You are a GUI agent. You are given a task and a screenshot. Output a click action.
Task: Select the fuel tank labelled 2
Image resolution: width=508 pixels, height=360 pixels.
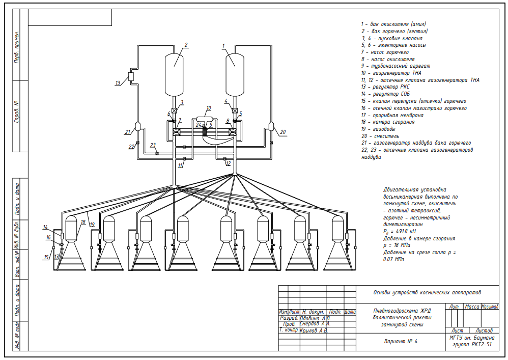point(174,74)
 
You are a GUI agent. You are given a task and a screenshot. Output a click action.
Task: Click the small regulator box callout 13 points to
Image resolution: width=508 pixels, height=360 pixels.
point(131,76)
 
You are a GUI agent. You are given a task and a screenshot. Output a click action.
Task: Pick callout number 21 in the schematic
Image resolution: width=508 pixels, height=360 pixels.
point(127,132)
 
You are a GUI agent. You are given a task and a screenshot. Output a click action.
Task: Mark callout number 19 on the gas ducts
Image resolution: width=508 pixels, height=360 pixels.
point(92,224)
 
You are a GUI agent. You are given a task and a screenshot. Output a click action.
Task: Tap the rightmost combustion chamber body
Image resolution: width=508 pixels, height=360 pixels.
point(337,229)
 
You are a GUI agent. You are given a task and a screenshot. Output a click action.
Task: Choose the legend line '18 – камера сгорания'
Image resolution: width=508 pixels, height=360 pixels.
point(388,122)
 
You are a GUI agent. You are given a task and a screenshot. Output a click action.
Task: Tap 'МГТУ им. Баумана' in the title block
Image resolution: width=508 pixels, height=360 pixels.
point(471,338)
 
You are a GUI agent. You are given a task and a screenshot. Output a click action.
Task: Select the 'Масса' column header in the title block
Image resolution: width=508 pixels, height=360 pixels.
point(472,307)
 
